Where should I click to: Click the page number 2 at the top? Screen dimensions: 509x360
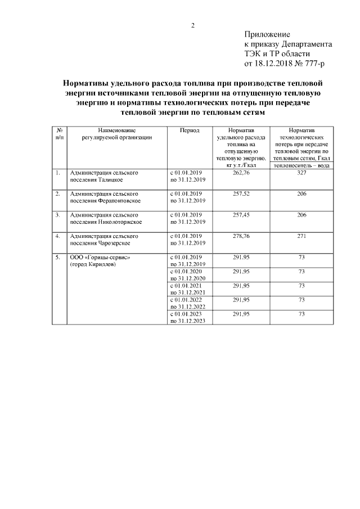(x=192, y=26)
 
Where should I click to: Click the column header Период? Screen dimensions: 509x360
(x=189, y=129)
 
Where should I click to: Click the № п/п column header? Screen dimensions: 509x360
(x=60, y=133)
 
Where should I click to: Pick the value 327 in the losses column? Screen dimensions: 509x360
(x=301, y=173)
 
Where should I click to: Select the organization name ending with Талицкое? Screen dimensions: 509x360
(x=103, y=177)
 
